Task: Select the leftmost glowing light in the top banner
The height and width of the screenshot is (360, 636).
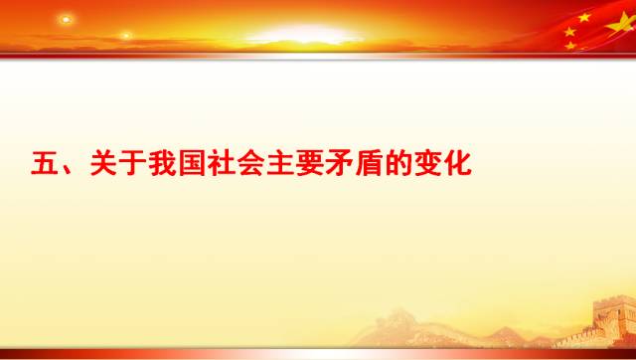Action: [66, 20]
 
